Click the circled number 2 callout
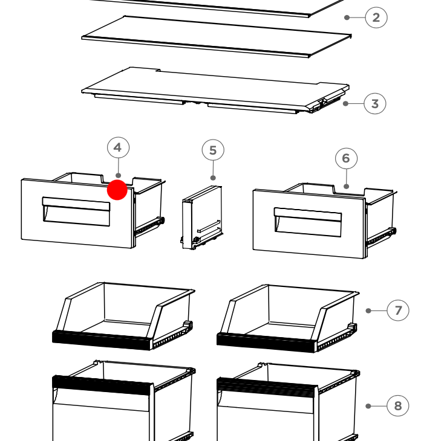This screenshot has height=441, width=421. pyautogui.click(x=376, y=18)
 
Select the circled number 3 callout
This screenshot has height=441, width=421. pyautogui.click(x=375, y=103)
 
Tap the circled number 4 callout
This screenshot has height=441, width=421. pyautogui.click(x=119, y=147)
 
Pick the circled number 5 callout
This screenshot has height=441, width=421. pyautogui.click(x=213, y=150)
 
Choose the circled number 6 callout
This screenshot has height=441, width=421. pyautogui.click(x=347, y=158)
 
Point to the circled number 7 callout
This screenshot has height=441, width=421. pyautogui.click(x=398, y=311)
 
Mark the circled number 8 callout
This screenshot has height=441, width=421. pyautogui.click(x=398, y=406)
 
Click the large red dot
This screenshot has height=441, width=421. pyautogui.click(x=117, y=190)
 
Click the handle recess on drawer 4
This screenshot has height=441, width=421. pyautogui.click(x=76, y=211)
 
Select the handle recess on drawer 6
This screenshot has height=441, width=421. pyautogui.click(x=308, y=222)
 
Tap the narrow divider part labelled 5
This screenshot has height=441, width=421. pyautogui.click(x=201, y=217)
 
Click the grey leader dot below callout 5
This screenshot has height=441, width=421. pyautogui.click(x=213, y=178)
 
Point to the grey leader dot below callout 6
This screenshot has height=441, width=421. pyautogui.click(x=347, y=186)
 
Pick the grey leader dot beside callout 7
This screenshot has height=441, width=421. pyautogui.click(x=368, y=311)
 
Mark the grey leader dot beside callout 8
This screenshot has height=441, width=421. pyautogui.click(x=368, y=406)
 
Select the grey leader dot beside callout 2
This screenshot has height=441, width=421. pyautogui.click(x=347, y=18)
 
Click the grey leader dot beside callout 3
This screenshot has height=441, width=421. pyautogui.click(x=346, y=103)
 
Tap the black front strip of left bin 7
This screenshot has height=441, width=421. pyautogui.click(x=102, y=340)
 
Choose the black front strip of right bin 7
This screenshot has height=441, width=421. pyautogui.click(x=266, y=343)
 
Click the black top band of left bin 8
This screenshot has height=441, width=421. pyautogui.click(x=102, y=385)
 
